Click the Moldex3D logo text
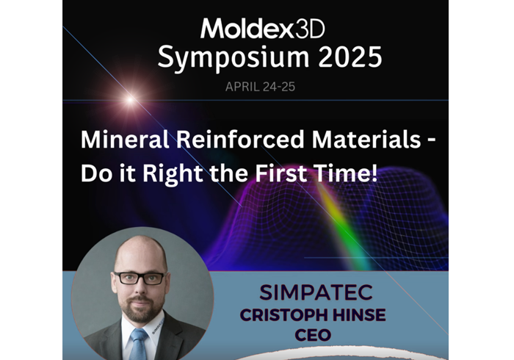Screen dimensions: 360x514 coord(262,29)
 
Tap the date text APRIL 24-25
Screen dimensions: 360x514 coord(263,87)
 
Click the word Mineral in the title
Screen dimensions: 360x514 coord(118,140)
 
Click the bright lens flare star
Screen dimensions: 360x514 coord(130,98)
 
